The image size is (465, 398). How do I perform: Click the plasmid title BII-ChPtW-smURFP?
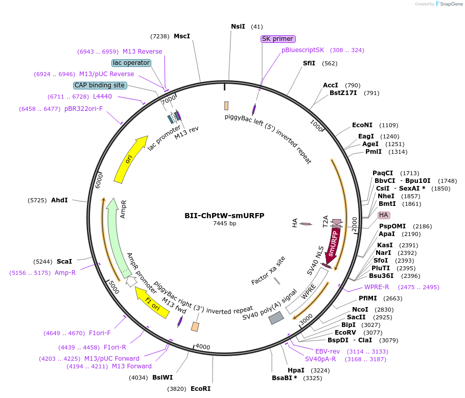tap(224, 216)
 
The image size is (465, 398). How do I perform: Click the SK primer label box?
tap(277, 39)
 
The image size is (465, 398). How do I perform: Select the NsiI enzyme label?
tap(238, 27)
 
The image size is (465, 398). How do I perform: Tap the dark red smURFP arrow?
tap(333, 244)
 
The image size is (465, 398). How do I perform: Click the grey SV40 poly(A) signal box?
tap(276, 318)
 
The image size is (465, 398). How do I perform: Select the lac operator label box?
tap(131, 63)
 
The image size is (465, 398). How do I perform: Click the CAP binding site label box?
tap(100, 85)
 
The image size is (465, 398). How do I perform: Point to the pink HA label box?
tap(384, 215)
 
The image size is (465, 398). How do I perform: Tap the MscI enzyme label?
tap(182, 36)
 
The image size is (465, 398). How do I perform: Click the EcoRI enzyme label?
tap(200, 388)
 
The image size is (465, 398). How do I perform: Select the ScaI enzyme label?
tap(64, 262)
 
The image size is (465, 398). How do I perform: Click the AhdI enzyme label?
tap(59, 200)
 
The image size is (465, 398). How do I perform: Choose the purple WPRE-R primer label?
tap(377, 287)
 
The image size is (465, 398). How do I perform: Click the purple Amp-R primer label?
tap(65, 273)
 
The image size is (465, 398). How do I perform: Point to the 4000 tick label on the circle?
tap(203, 347)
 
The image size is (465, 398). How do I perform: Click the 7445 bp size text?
tap(224, 224)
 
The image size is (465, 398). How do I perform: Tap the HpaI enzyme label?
tap(296, 370)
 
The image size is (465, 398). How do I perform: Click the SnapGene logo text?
tap(453, 4)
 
